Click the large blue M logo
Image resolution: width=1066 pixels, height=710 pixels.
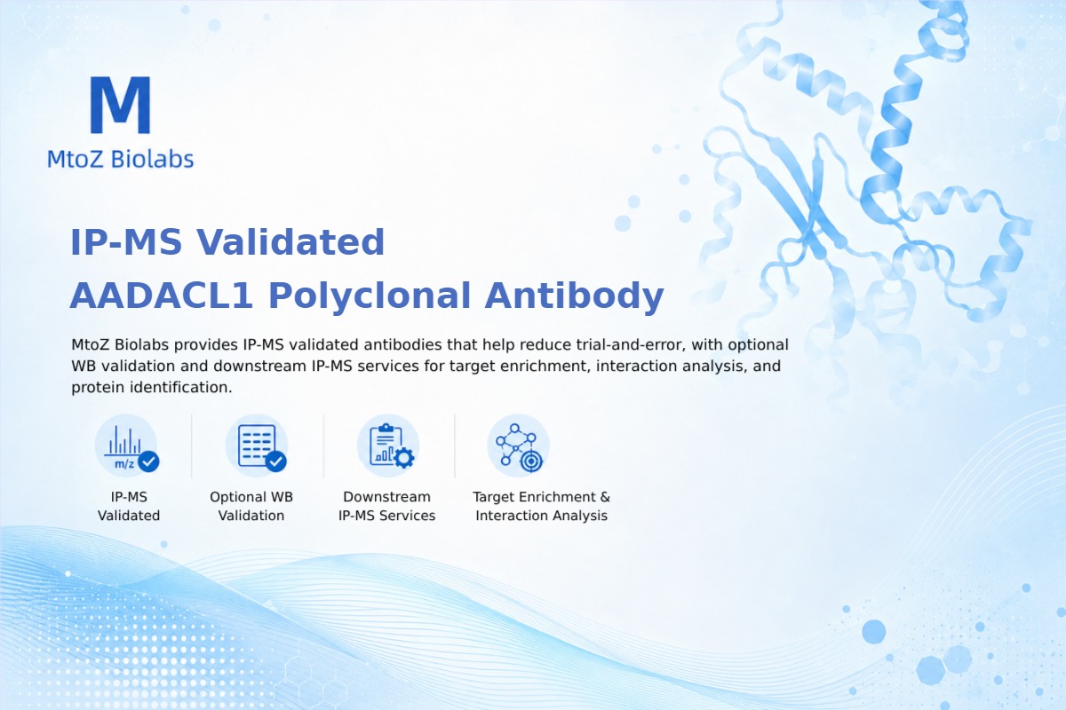(x=121, y=105)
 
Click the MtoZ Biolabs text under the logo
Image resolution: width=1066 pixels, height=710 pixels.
(x=121, y=159)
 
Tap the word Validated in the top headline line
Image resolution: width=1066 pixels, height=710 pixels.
(x=290, y=242)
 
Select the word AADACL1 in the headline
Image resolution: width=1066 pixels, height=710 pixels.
(x=161, y=296)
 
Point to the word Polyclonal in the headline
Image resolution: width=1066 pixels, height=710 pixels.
(x=370, y=296)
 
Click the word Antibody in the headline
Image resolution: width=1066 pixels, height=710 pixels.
(x=574, y=296)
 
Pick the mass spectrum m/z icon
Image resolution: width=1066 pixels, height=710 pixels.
(x=126, y=446)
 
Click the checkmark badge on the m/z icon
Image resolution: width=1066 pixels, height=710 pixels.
(x=148, y=461)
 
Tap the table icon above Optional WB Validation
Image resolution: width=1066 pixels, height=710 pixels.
(x=257, y=446)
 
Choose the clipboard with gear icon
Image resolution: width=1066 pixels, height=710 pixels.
(x=388, y=446)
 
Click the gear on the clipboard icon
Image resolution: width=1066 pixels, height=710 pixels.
(x=404, y=458)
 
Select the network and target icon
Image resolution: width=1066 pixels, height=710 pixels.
(x=518, y=446)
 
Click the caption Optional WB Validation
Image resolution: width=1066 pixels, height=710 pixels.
(x=251, y=506)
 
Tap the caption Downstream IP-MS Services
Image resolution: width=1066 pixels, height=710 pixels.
(x=387, y=506)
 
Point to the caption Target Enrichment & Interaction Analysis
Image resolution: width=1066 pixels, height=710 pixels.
(x=542, y=506)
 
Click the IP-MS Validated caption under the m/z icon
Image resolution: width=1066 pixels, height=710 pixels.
(x=129, y=506)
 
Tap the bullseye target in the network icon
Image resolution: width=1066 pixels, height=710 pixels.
(x=531, y=461)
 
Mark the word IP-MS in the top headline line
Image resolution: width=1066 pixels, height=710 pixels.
(x=126, y=242)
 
